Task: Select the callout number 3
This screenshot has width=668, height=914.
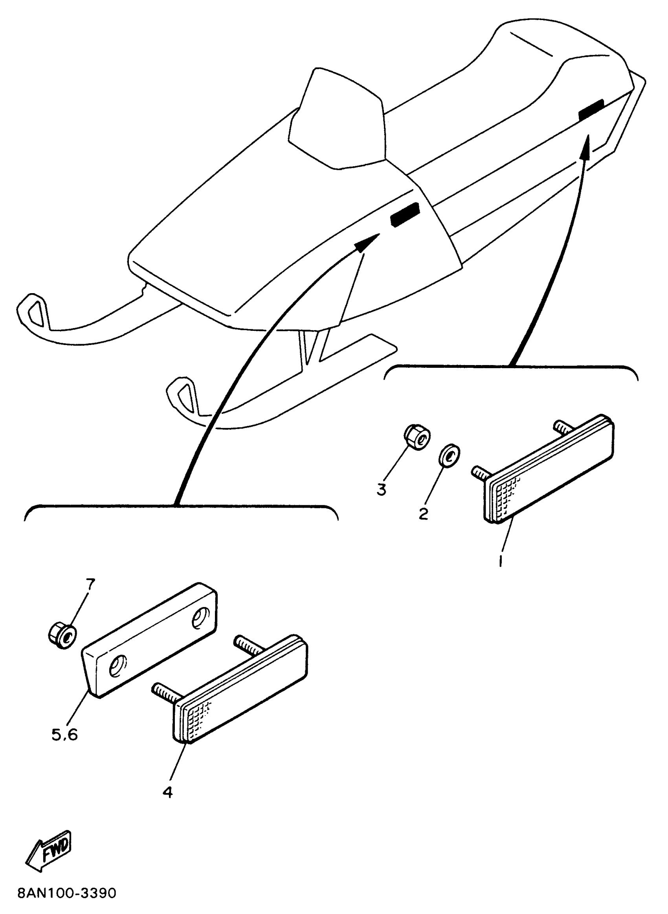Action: (x=381, y=489)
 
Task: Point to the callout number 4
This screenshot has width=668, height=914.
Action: (x=167, y=792)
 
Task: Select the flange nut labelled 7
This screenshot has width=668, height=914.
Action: (x=62, y=637)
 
